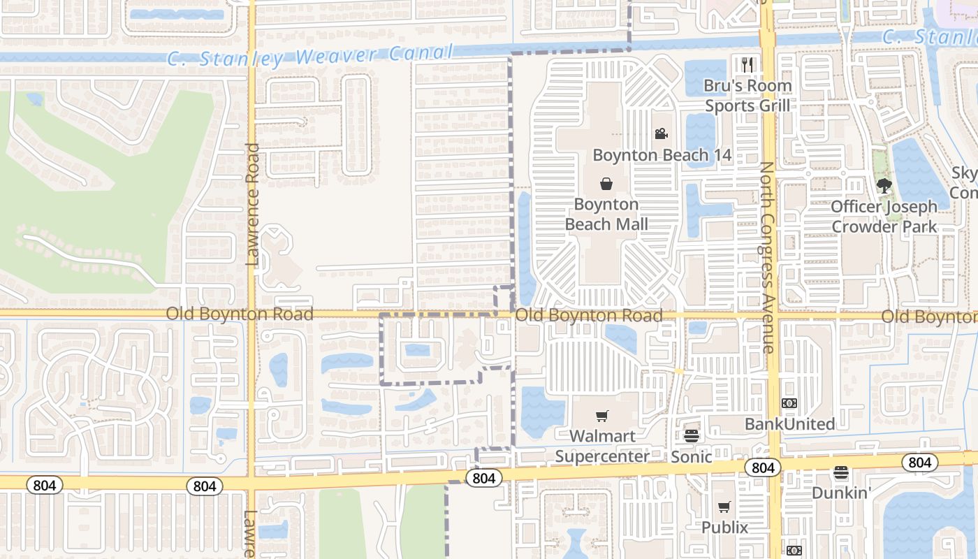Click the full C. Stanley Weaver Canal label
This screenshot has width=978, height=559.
(x=311, y=56)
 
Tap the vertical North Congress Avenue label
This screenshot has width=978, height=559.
(x=767, y=257)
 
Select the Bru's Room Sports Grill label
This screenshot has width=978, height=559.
(x=747, y=96)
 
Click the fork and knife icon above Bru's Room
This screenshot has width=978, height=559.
(x=747, y=65)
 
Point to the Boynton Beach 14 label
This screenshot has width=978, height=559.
(x=662, y=155)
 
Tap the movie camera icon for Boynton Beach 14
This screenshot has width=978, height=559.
(x=661, y=133)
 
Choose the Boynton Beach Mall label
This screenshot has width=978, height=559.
(x=606, y=215)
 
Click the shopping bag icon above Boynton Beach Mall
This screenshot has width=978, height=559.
(x=606, y=184)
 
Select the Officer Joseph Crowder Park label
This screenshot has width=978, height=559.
(x=884, y=217)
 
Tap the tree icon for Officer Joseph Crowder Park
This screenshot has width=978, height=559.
(x=884, y=185)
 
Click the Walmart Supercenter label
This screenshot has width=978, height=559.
(x=602, y=447)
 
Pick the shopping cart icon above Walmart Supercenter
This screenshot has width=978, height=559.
(x=602, y=416)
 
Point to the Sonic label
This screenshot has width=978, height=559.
(x=692, y=457)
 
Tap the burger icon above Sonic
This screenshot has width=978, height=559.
(x=692, y=436)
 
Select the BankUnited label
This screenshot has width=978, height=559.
(x=789, y=424)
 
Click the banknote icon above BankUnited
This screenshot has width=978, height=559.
(x=789, y=403)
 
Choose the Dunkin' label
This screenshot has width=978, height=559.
(x=841, y=493)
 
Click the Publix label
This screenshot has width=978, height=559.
(x=724, y=528)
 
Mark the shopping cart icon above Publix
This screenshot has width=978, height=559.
(x=724, y=507)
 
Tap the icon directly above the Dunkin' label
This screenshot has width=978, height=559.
(x=841, y=473)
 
